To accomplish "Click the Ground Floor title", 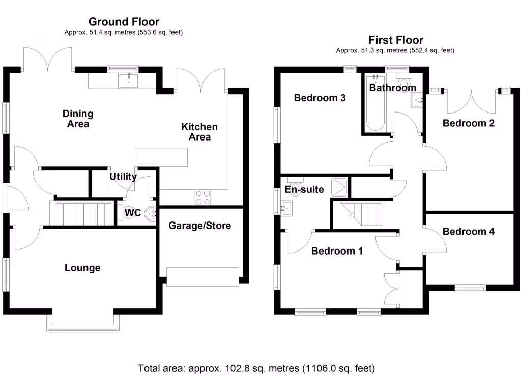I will [x=124, y=21].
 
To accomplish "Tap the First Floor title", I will [x=396, y=40].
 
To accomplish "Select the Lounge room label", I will [x=82, y=268].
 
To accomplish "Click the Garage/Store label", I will [x=200, y=225].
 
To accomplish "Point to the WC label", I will [x=133, y=213].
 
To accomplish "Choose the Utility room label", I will [x=123, y=177].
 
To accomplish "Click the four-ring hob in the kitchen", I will [x=203, y=197].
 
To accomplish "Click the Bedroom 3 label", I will [x=320, y=98].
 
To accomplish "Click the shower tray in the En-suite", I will [x=339, y=187].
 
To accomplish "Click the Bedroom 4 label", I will [x=468, y=231].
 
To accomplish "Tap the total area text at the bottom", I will [x=256, y=368].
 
